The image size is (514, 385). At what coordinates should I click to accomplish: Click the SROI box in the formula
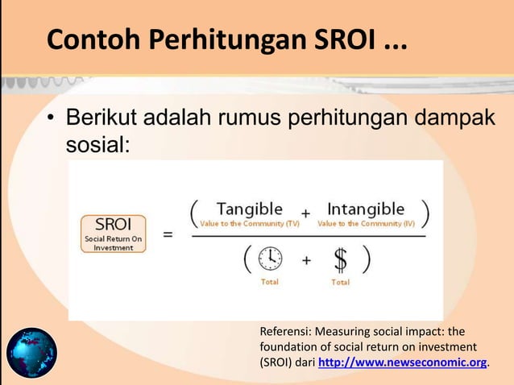click(114, 232)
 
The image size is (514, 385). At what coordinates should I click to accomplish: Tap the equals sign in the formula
click(168, 235)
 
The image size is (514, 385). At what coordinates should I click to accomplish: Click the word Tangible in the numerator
click(249, 209)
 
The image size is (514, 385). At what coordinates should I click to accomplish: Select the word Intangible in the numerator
click(365, 209)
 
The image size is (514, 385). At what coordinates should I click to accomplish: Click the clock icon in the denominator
click(270, 259)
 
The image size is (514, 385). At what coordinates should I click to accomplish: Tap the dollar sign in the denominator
click(340, 259)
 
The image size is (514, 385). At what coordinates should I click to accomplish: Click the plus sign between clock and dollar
click(306, 260)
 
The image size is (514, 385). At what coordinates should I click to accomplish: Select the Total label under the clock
click(270, 283)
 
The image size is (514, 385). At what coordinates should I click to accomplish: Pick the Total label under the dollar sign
click(340, 283)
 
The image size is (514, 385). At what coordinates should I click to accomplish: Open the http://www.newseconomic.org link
click(403, 362)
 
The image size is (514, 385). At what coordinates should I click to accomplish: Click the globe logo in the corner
click(32, 353)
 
